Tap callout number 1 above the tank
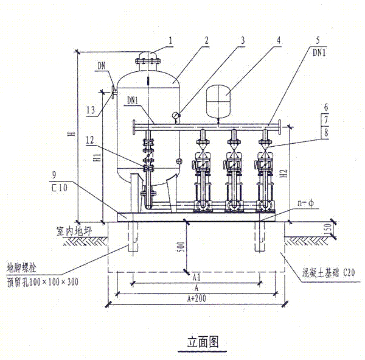click(172, 40)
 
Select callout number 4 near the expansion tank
click(279, 40)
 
